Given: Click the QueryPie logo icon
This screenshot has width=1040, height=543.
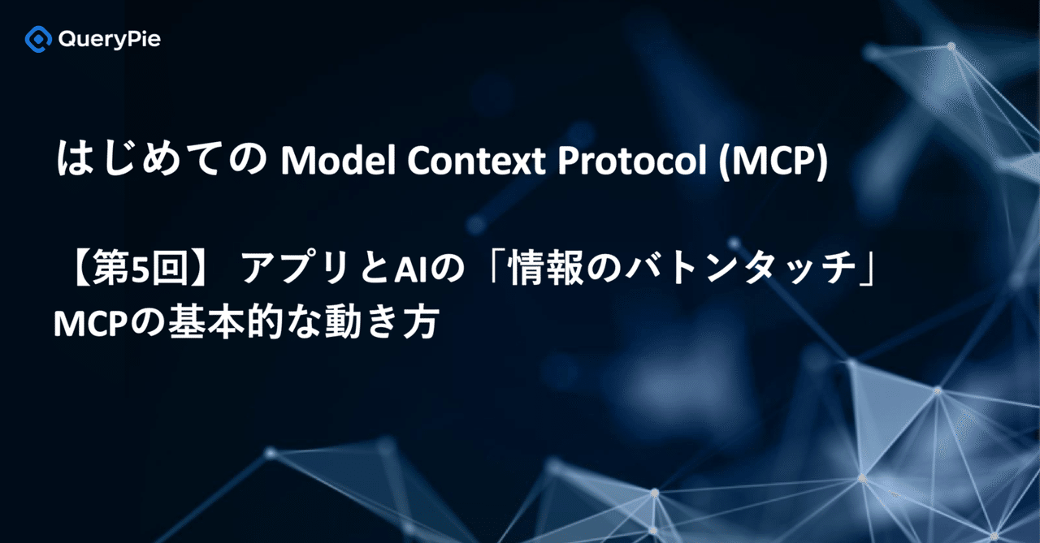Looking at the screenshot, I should point(37,39).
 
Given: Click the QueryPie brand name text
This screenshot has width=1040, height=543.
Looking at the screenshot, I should point(110,39).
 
